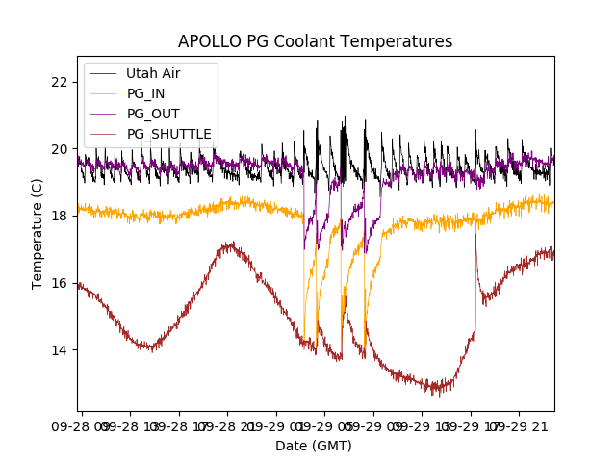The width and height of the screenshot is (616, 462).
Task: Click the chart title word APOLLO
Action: [210, 42]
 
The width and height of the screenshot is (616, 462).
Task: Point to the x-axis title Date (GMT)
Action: [314, 446]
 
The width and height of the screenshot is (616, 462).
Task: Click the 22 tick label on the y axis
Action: [60, 82]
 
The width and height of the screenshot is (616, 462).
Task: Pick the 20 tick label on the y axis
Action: [60, 149]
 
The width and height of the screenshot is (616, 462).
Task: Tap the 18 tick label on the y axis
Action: [60, 216]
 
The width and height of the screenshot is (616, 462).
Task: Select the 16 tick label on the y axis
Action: [60, 283]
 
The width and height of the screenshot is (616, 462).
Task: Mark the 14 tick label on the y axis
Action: [60, 350]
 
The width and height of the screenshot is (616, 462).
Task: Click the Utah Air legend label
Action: [153, 73]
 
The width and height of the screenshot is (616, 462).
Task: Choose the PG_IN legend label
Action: [145, 93]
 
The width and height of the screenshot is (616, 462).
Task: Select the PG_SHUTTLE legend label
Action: [169, 134]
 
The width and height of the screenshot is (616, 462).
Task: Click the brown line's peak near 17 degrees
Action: [228, 244]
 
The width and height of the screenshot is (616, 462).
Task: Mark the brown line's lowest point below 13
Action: [437, 394]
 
